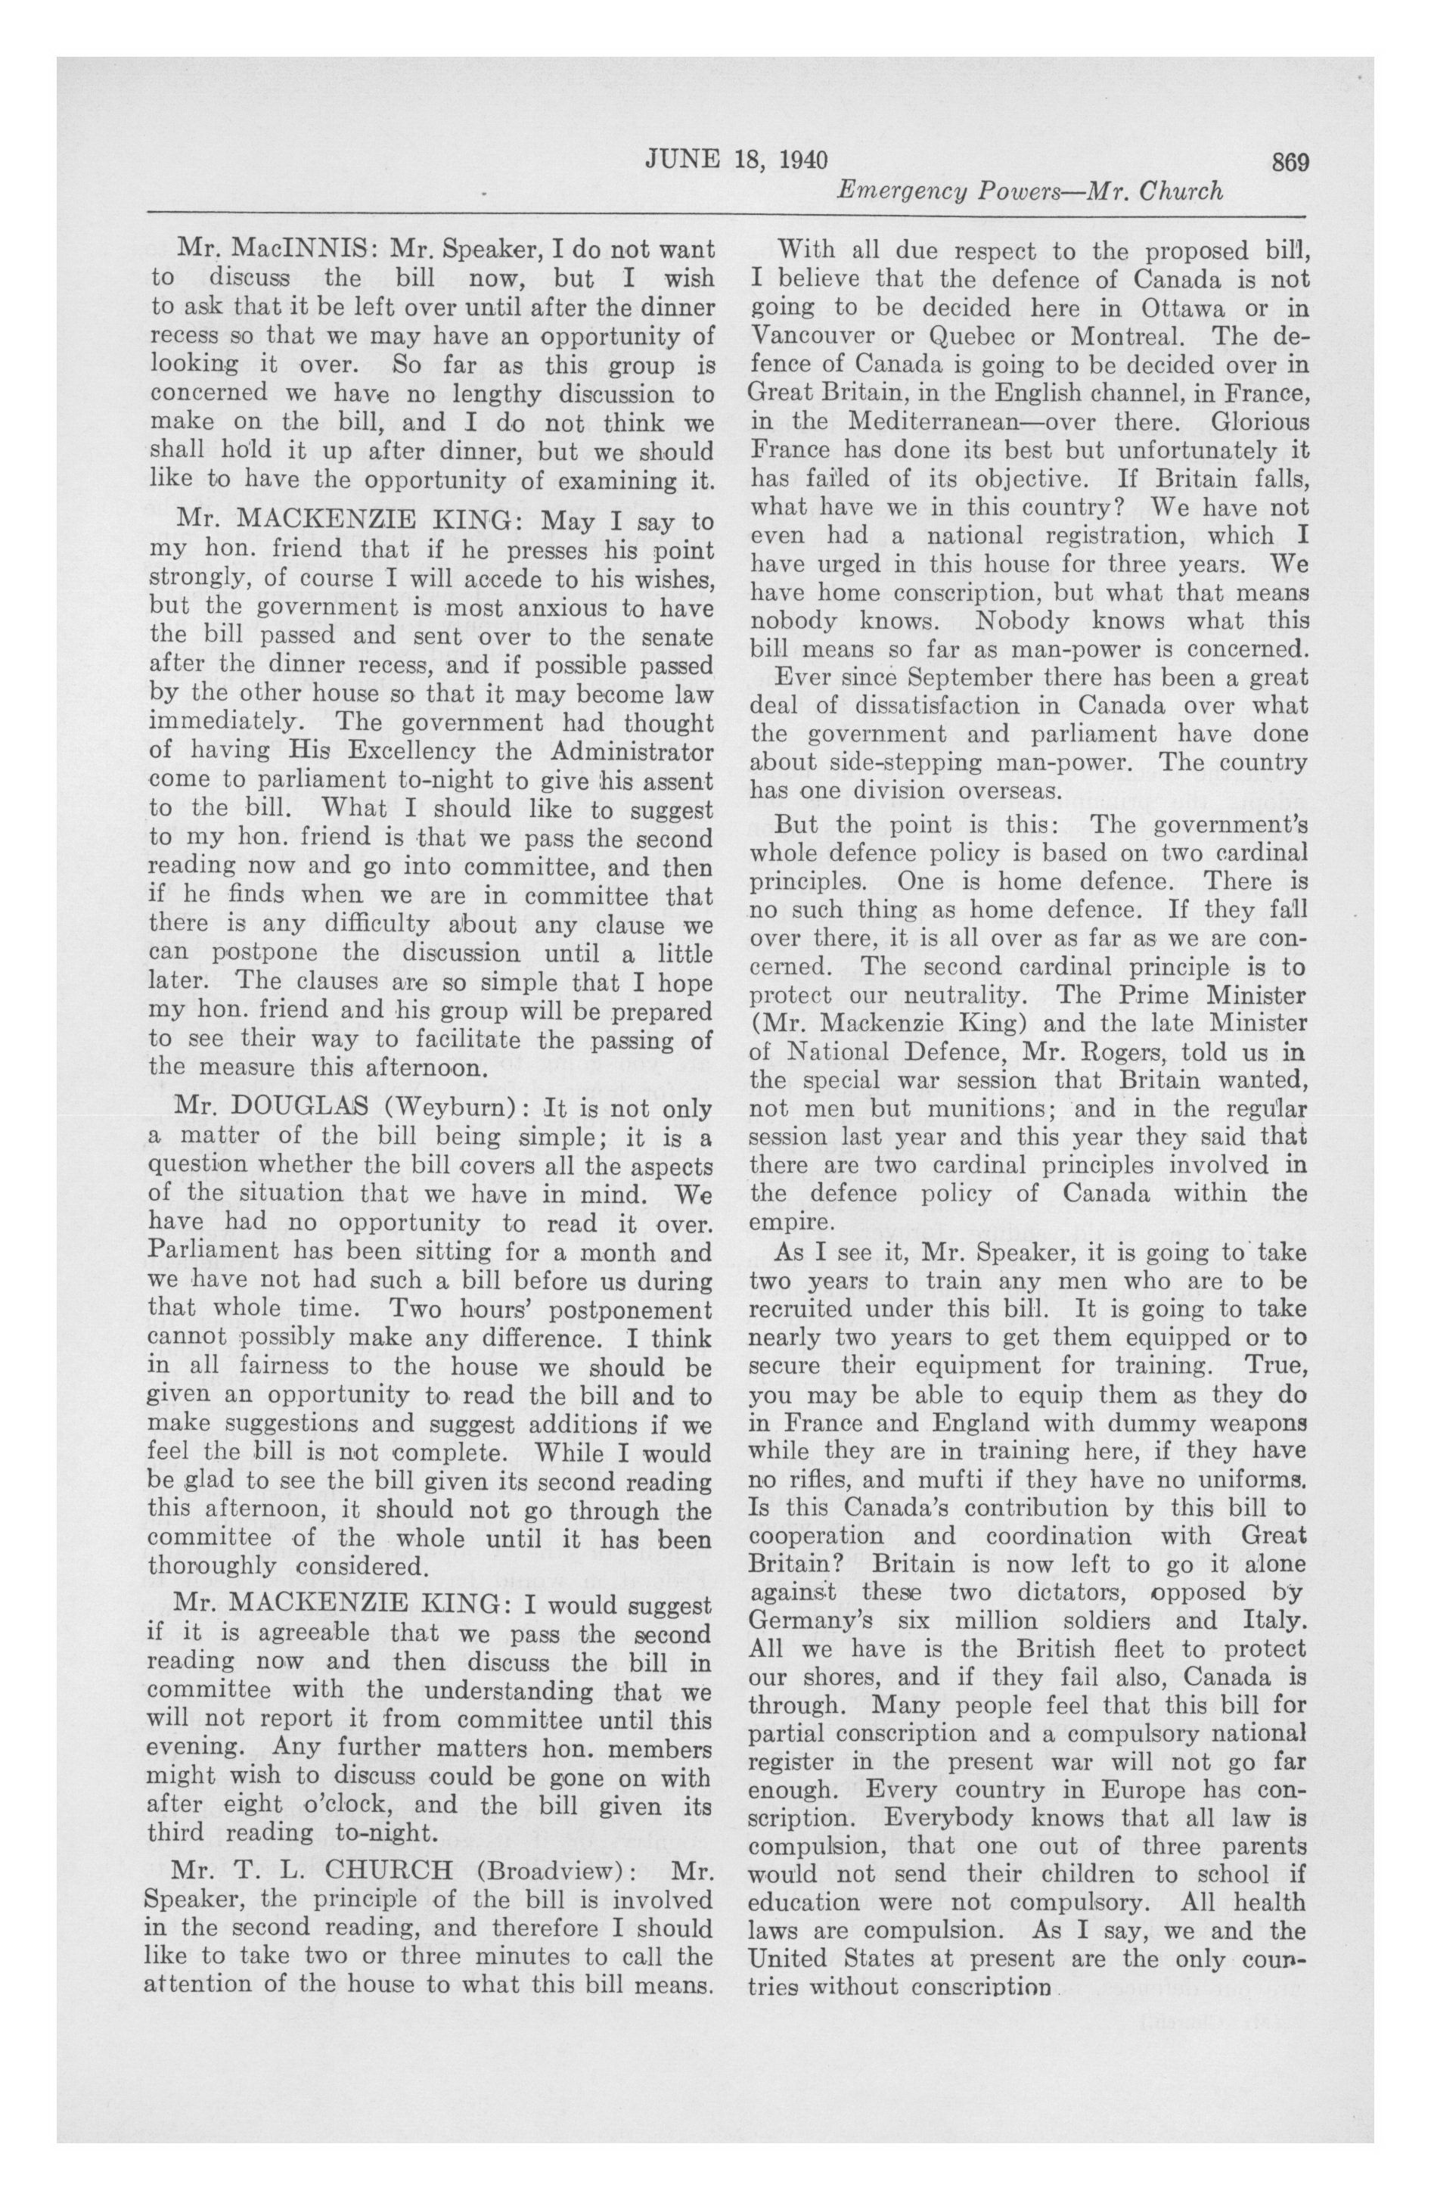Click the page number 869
1290,161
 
